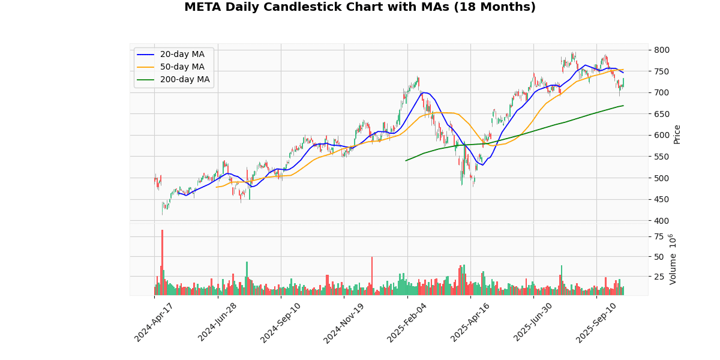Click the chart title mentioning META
coord(359,7)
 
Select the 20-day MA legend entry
coord(182,55)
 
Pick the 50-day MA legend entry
coord(182,67)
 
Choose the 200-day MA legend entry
coord(184,80)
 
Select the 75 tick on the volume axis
coord(659,237)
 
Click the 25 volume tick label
coord(659,277)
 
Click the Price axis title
coord(677,134)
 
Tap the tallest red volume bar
coord(162,263)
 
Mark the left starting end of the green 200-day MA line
coord(406,160)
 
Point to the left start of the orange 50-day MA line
coord(217,187)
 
